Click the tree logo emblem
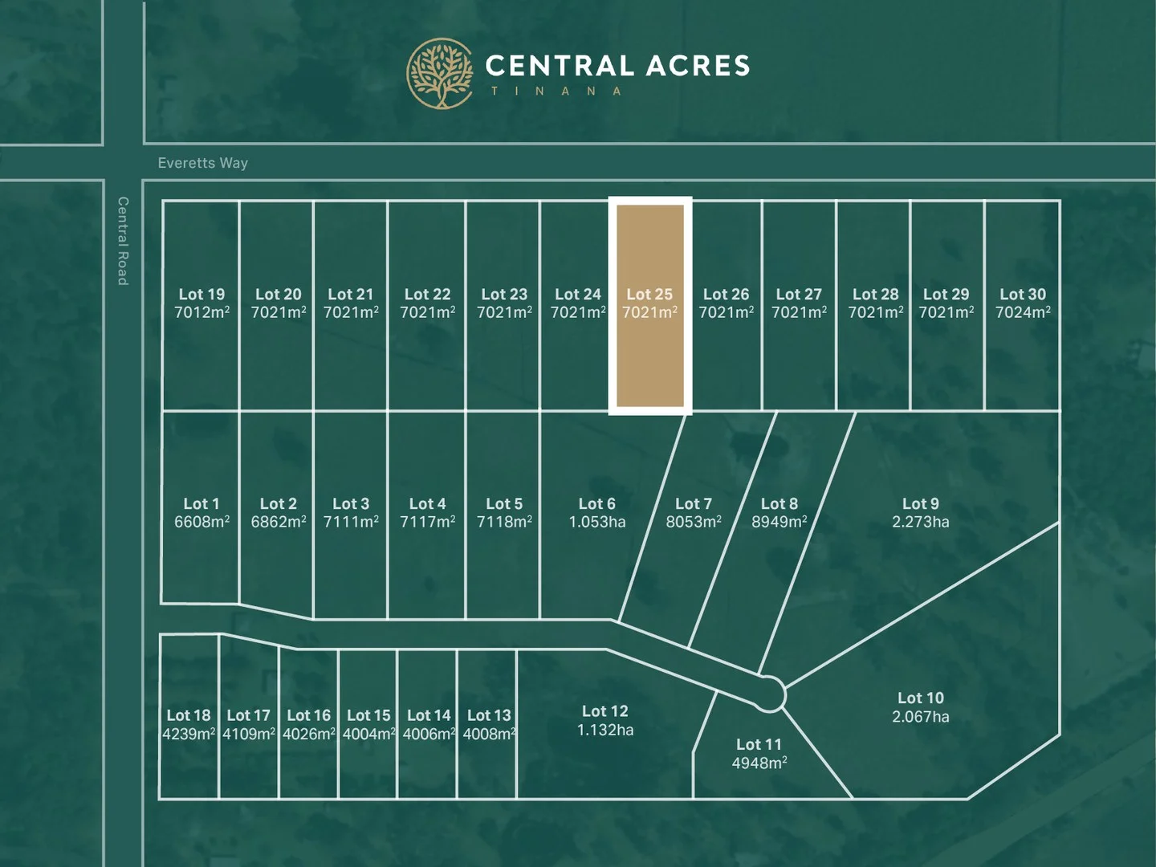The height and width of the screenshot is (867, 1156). [440, 73]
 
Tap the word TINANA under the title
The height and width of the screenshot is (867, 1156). [556, 92]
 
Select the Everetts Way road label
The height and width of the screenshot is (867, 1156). [202, 163]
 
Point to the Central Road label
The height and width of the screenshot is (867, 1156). [123, 241]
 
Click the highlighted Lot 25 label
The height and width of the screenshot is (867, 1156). [649, 295]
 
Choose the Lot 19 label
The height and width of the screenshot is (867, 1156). [201, 295]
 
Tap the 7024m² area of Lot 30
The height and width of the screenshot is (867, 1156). [1022, 312]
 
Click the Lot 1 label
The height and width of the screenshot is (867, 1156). [201, 504]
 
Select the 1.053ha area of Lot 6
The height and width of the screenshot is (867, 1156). [596, 522]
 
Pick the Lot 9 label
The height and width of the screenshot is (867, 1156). [920, 504]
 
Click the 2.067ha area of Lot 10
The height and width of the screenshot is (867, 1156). [920, 717]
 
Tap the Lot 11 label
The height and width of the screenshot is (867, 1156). [759, 745]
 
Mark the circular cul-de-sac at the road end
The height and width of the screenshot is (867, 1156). [769, 694]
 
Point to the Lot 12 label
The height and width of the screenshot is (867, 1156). [604, 711]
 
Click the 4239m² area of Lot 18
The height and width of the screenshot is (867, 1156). [189, 734]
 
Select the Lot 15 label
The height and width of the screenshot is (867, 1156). [368, 715]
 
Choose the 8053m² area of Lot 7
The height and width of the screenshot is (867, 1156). [693, 522]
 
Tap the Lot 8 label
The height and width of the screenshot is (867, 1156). [779, 504]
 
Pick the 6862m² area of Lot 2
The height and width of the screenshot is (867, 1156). [278, 522]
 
